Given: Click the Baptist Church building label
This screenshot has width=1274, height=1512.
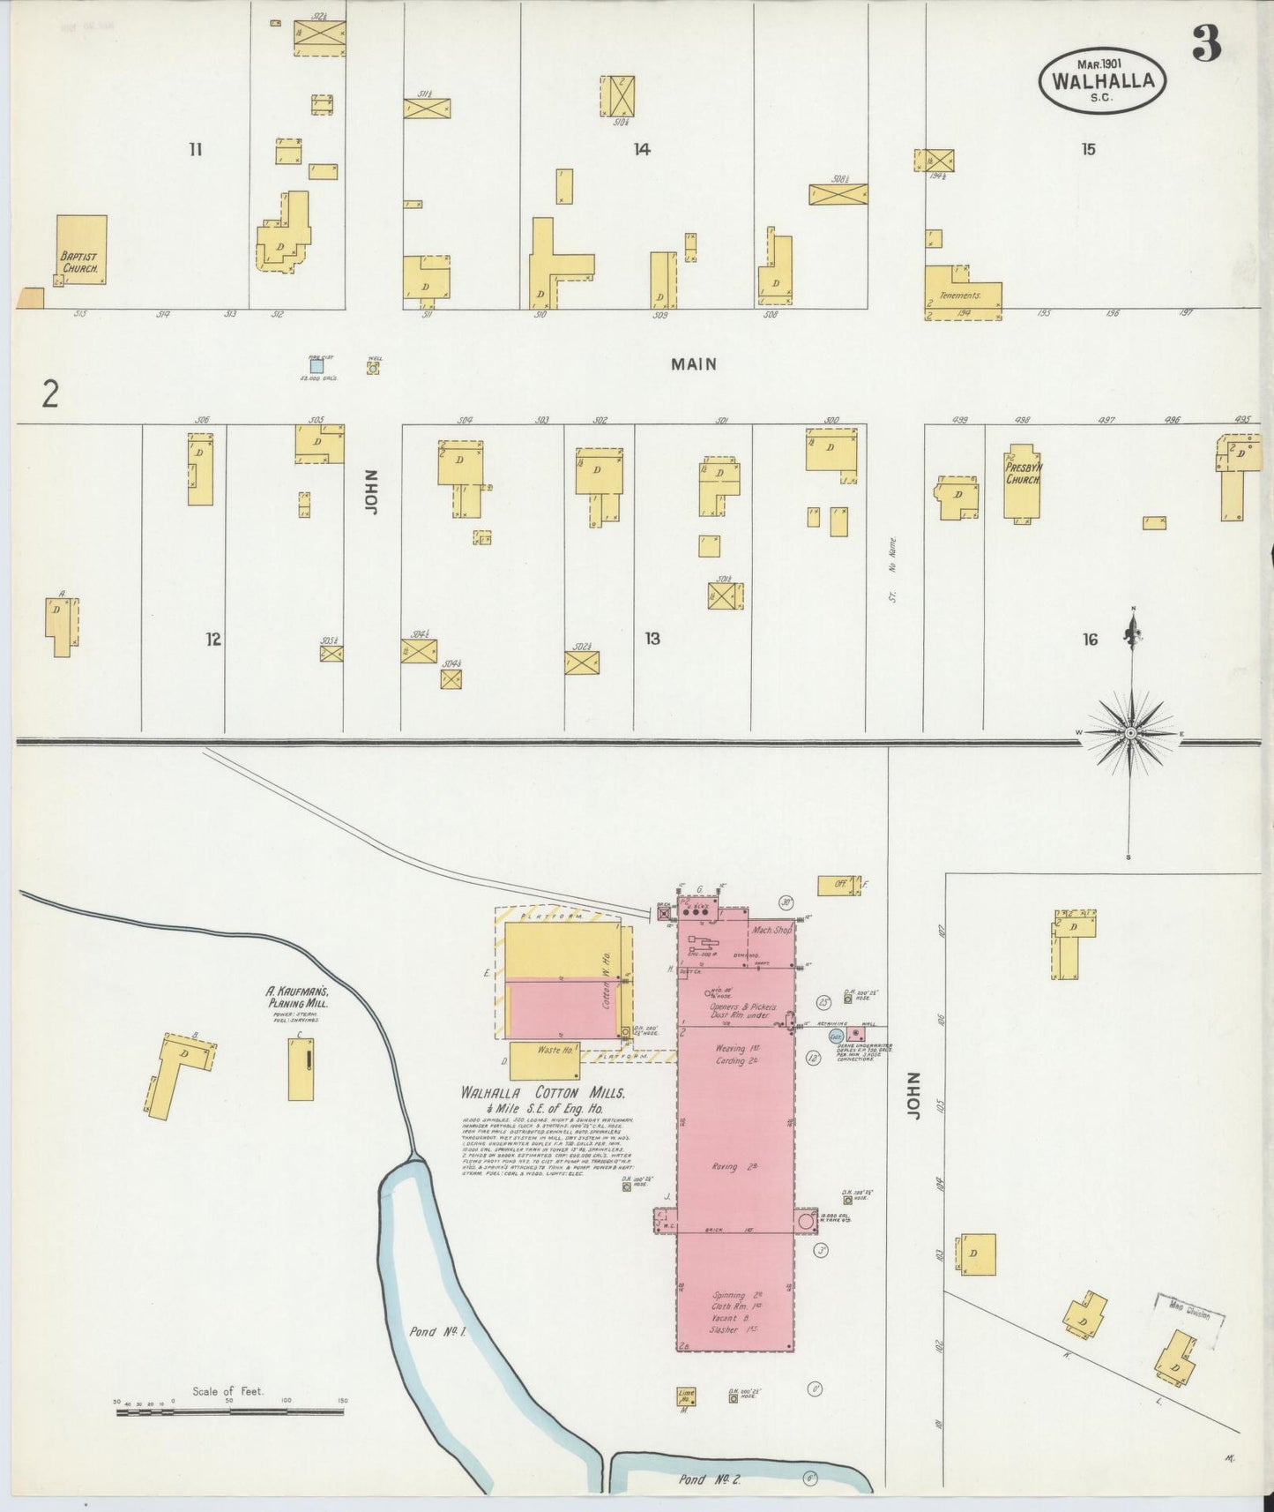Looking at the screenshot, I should pos(79,262).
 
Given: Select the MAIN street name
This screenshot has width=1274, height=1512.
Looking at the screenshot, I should pos(693,363).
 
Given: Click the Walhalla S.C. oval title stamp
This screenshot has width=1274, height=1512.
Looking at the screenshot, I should pos(1102,80).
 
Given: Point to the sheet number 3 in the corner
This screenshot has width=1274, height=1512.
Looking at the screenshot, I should pos(1206,44).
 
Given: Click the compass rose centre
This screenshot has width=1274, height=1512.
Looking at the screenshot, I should pos(1131,733).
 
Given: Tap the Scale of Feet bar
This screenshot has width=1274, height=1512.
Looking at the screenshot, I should pos(229,1412).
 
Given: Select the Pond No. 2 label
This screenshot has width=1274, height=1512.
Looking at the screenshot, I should pos(710,1479).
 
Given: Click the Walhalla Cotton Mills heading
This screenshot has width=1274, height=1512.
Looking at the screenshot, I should pos(542,1093).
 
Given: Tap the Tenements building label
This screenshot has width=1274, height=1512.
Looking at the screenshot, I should pos(960,296).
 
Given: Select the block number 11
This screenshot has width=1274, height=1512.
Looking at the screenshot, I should pos(195,149).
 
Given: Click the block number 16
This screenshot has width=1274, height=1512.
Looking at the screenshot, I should pos(1090,640).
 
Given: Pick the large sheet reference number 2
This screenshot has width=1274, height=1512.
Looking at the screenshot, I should pos(50,393).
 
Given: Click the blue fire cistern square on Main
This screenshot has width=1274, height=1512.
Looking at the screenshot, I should pos(317,365).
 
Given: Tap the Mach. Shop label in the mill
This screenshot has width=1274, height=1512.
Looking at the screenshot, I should pos(771,930).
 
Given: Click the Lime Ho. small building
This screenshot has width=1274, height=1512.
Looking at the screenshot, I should pos(686,1396).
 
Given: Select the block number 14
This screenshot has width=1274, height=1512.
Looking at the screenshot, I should pos(642,149).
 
